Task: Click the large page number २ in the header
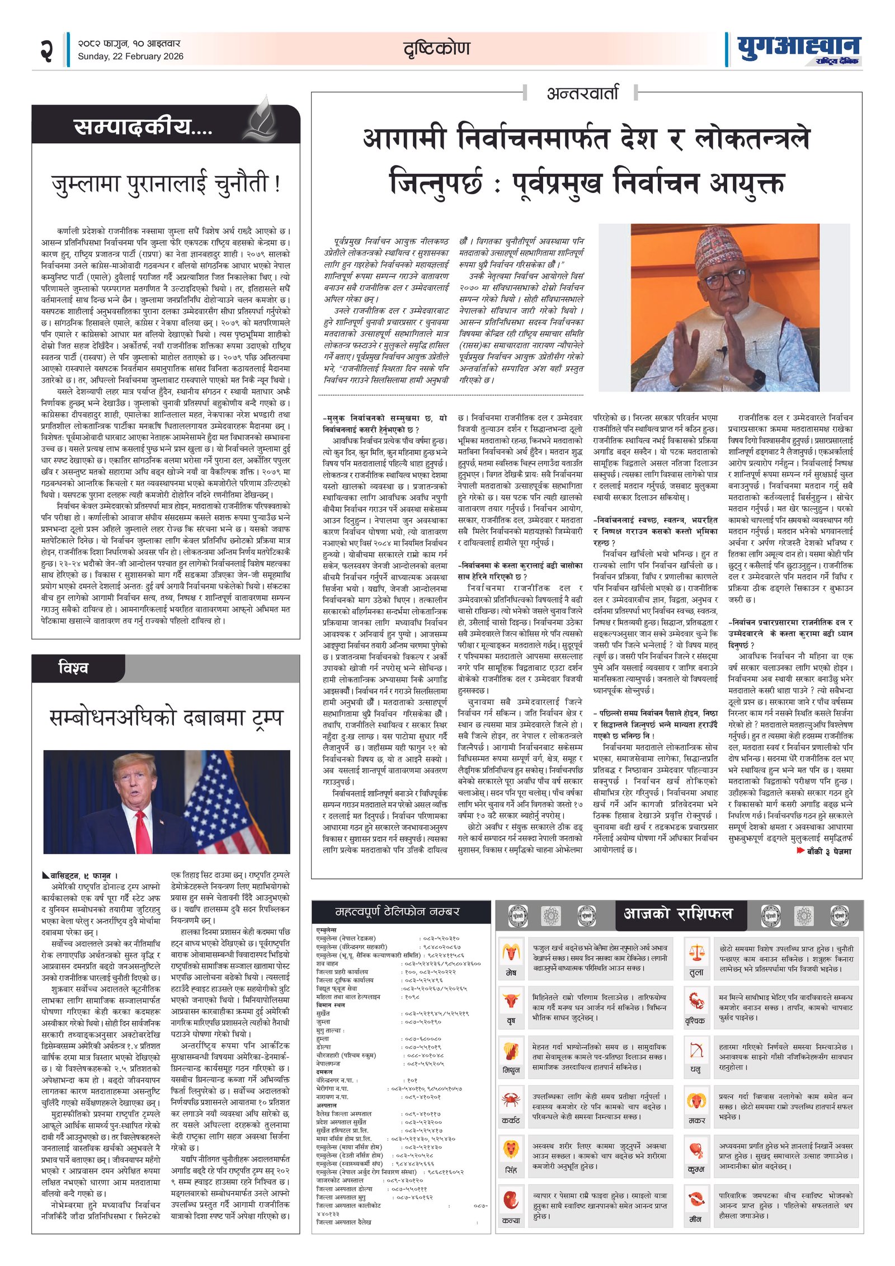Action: click(47, 50)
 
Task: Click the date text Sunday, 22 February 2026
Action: click(130, 57)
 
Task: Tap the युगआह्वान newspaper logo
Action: click(798, 48)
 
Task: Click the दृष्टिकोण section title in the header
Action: click(437, 49)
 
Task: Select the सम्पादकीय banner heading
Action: click(143, 127)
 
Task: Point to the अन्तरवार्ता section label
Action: click(582, 92)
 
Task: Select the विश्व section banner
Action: click(73, 668)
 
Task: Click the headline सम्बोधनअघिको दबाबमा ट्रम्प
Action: click(166, 718)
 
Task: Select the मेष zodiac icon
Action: click(510, 952)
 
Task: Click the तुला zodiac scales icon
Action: click(696, 952)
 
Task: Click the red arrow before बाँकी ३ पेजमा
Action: click(800, 850)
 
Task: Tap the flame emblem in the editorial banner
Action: click(263, 119)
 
